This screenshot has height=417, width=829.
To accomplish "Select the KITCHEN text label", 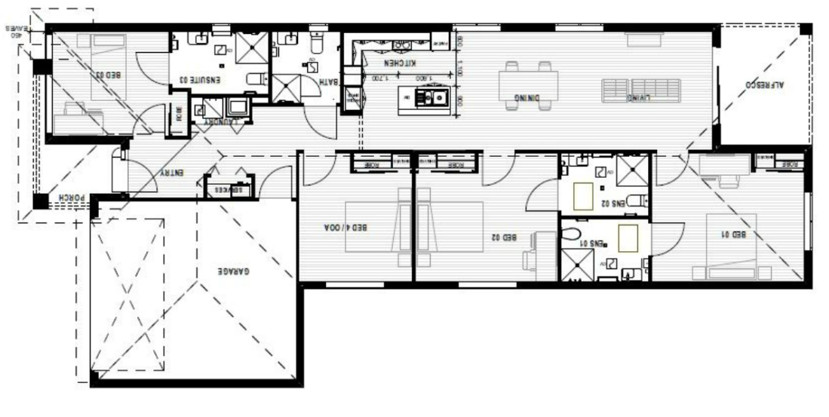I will click(400, 64).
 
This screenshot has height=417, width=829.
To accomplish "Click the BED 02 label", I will click(504, 237).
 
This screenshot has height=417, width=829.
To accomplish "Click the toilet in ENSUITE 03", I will click(256, 78).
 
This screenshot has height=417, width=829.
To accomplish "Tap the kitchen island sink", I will click(434, 97).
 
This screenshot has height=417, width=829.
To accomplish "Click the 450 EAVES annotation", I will click(13, 31).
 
